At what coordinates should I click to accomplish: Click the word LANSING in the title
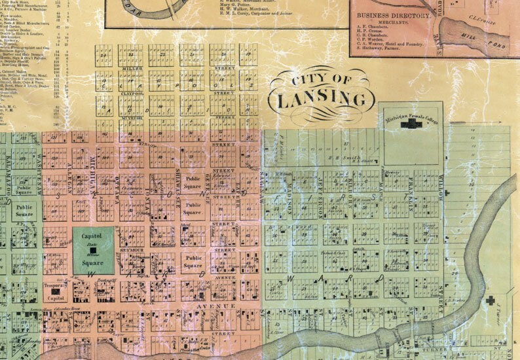[322, 100]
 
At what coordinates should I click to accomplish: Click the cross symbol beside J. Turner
[491, 302]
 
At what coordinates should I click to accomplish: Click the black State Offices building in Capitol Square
[93, 250]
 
